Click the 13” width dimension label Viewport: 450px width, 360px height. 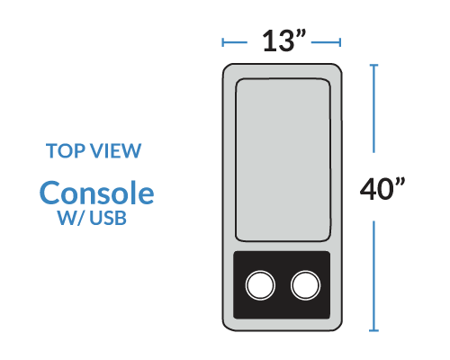[x=283, y=40]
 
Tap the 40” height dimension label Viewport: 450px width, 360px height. [x=382, y=188]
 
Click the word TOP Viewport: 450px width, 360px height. [x=65, y=150]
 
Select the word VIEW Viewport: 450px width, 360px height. [x=115, y=150]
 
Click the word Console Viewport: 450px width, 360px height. [x=96, y=193]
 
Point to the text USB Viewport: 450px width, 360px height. [x=108, y=218]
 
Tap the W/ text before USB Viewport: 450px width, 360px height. [x=71, y=218]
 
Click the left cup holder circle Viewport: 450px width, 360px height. [x=260, y=285]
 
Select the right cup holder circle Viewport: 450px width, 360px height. [x=305, y=285]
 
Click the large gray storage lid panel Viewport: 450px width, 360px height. [x=283, y=160]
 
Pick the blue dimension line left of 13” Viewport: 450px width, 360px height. [x=235, y=42]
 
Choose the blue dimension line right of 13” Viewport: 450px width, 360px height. [x=326, y=42]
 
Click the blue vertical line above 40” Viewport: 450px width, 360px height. [x=373, y=109]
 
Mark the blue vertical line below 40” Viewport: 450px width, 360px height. [x=373, y=276]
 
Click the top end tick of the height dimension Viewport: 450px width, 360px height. [x=373, y=65]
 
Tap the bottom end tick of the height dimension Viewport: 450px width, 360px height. [x=373, y=330]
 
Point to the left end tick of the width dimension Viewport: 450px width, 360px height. [x=222, y=42]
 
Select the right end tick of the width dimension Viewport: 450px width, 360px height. [x=340, y=42]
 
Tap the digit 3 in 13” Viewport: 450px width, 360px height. [x=286, y=41]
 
